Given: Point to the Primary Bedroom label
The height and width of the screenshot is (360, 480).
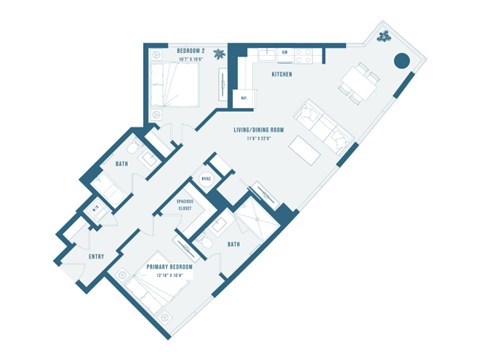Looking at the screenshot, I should pos(168,268).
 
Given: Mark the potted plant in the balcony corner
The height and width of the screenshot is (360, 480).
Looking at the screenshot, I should pos(383,37).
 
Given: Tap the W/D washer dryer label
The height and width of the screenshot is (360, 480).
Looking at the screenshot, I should pos(95,208).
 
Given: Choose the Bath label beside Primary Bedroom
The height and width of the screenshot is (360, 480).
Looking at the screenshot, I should pos(232,243).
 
